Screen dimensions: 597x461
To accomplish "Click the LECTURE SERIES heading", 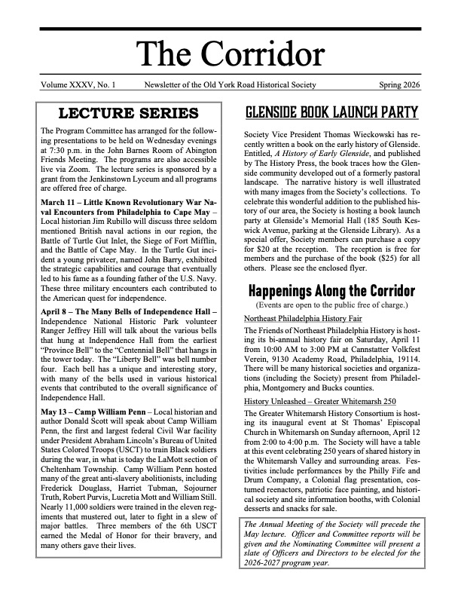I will (x=129, y=114).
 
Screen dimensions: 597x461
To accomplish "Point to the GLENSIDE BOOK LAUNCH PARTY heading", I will (x=331, y=114).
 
